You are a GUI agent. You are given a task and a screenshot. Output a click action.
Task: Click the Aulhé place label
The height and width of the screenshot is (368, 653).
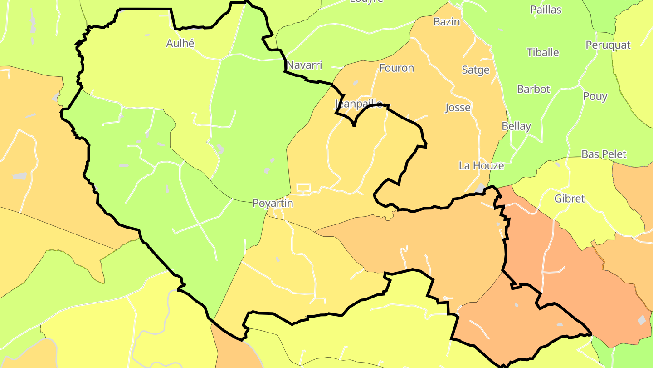pos(180,43)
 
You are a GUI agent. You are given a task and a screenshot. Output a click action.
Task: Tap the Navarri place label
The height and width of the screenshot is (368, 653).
pos(304,65)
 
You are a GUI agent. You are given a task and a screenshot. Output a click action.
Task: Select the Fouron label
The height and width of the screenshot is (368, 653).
pos(396,68)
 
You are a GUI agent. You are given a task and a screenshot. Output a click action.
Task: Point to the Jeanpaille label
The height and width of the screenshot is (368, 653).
pos(359,104)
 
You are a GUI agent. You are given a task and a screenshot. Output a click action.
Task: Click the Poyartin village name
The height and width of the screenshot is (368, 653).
pos(273,203)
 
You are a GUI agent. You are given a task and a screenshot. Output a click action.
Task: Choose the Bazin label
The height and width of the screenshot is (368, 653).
pos(447,22)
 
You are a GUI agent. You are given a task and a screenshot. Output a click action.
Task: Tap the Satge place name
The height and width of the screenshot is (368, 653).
pos(476,70)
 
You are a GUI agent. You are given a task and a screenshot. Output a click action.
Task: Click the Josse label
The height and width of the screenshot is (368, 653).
pos(458,108)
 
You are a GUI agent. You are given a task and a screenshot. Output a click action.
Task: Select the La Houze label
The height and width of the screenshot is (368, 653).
pos(481,166)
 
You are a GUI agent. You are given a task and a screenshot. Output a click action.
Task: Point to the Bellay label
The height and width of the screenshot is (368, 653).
pos(516,126)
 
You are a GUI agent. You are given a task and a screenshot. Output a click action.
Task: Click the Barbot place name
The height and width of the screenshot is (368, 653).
pos(533,89)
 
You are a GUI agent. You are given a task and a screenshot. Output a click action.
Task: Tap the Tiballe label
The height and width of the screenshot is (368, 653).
pos(543,52)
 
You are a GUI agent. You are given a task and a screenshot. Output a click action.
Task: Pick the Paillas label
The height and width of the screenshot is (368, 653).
pos(546,10)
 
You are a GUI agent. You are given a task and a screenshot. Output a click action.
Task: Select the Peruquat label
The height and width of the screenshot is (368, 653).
pos(608,45)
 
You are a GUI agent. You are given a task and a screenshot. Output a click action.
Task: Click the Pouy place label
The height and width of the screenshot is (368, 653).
pos(595,96)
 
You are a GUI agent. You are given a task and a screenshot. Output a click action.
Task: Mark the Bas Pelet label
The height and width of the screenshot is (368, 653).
pos(604,154)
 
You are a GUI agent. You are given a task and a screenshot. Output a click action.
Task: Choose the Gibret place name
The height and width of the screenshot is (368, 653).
pos(570,199)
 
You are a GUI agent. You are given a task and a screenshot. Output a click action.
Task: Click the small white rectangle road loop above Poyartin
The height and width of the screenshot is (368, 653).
pos(303,188)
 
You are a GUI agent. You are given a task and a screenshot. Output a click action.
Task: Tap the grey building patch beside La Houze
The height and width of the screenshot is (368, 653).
pos(480,188)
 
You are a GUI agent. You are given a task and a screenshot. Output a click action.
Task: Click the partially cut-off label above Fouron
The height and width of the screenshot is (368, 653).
pos(366,1)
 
